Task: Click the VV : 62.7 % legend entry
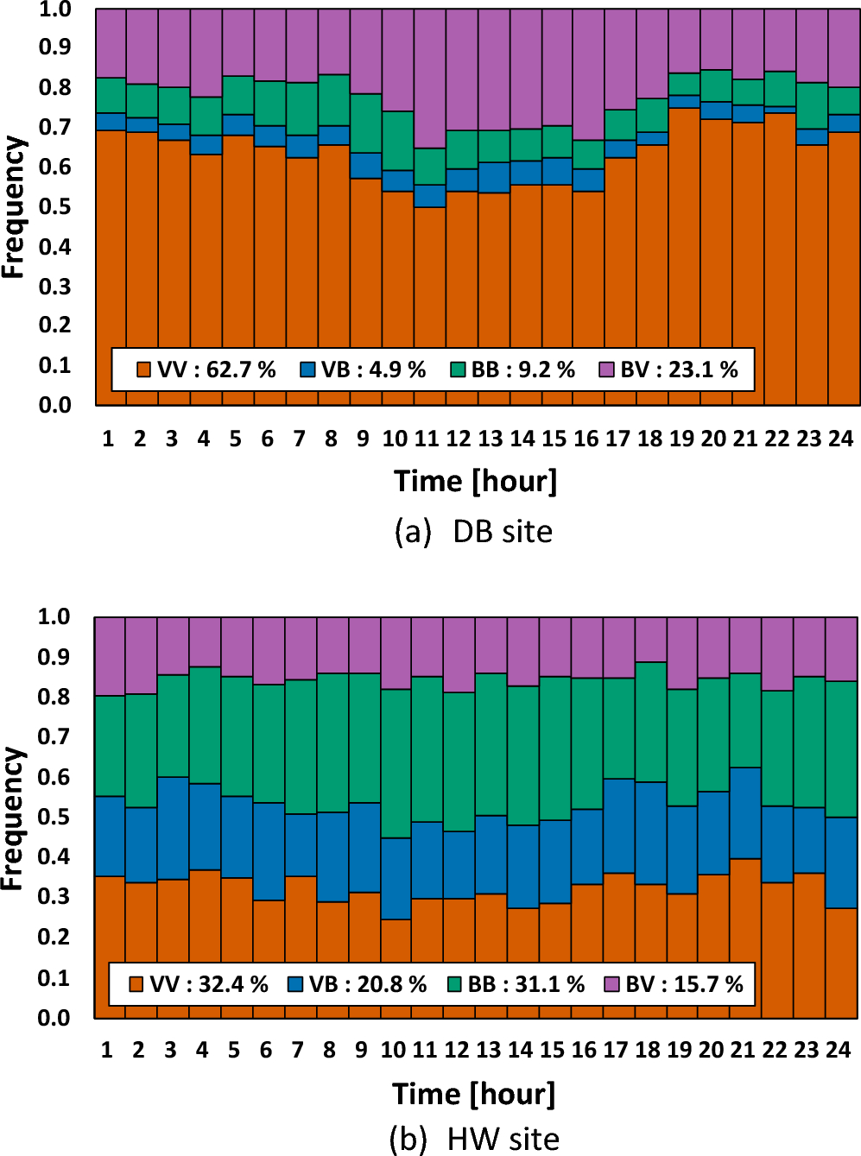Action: (206, 370)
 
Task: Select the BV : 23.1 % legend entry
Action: (669, 370)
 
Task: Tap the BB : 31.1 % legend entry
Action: (516, 985)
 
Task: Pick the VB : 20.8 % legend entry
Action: (358, 985)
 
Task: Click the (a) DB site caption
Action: (473, 532)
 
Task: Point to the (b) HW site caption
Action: (474, 1140)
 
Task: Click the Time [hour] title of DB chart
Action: (475, 481)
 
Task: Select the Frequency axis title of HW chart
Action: (12, 818)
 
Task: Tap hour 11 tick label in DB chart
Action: (427, 439)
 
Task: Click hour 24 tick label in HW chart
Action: (839, 1051)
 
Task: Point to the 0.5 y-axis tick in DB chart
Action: (54, 207)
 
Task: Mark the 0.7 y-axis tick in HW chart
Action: (54, 737)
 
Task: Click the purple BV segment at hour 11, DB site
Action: (429, 78)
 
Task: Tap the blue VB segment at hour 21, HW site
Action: (745, 812)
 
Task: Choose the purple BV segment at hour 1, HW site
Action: (110, 656)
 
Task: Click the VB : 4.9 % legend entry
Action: (364, 370)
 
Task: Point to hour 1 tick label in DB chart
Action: (108, 439)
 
